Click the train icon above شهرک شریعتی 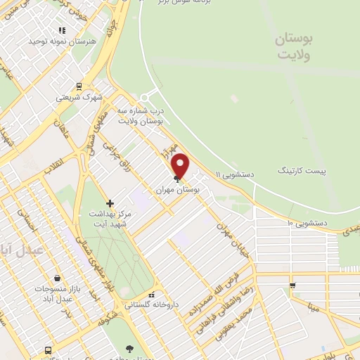click(79, 88)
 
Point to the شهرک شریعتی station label click(79, 98)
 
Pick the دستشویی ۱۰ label click(309, 224)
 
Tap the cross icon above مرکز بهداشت click(110, 203)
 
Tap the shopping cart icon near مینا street click(292, 285)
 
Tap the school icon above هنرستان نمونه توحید click(62, 30)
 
